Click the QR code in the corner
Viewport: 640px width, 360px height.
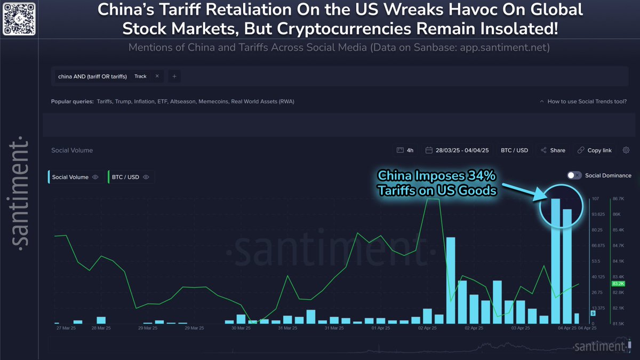point(19,19)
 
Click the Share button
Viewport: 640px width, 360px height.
point(553,150)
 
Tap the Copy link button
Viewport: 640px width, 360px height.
point(595,150)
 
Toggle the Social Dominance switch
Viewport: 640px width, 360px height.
point(574,175)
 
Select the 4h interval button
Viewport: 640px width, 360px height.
point(405,150)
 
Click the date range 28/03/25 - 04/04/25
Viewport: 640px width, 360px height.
point(458,150)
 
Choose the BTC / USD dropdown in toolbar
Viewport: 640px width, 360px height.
point(514,150)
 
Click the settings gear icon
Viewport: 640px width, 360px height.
point(626,150)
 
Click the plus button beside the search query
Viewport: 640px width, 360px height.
point(174,76)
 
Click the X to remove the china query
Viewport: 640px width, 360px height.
point(157,76)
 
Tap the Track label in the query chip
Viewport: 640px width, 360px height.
point(140,76)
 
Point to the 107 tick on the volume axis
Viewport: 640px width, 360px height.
point(595,199)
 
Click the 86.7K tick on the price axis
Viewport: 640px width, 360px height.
point(619,199)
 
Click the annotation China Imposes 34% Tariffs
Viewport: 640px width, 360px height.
point(437,182)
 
